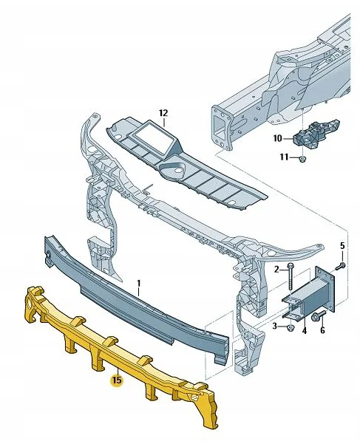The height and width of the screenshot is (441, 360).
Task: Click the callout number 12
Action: [163, 113]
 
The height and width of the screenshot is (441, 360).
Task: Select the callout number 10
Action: [277, 137]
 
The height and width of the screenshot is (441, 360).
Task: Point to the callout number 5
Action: [342, 245]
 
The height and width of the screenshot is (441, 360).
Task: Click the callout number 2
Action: [276, 270]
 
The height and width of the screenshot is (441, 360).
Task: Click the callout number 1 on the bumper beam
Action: [137, 282]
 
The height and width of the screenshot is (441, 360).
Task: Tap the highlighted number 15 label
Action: [116, 380]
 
